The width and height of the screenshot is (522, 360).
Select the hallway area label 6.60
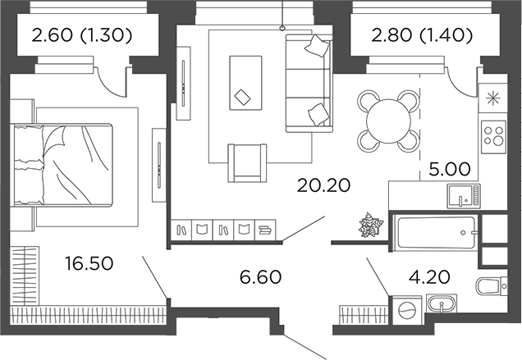pos(260,277)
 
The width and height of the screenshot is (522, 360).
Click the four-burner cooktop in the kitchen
pos(494,134)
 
